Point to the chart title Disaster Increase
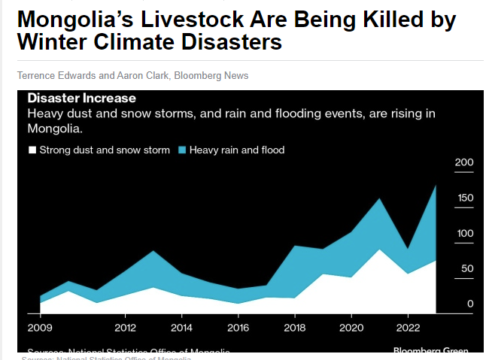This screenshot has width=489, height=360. [81, 98]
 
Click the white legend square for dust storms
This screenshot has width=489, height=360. [32, 150]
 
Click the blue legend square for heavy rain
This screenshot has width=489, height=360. [182, 150]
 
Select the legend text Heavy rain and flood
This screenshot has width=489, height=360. [237, 150]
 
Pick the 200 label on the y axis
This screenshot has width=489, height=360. [464, 162]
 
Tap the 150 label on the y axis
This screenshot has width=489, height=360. [464, 198]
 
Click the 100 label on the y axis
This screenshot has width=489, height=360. [464, 233]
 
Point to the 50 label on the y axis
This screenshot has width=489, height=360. [467, 268]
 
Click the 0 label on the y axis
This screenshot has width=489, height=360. [470, 304]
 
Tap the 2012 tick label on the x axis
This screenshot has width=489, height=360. [125, 328]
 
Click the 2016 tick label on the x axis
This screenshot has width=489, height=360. [238, 328]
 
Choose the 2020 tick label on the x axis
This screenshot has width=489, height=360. [351, 328]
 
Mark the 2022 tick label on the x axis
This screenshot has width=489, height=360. [407, 328]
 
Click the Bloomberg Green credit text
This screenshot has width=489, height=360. [430, 351]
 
